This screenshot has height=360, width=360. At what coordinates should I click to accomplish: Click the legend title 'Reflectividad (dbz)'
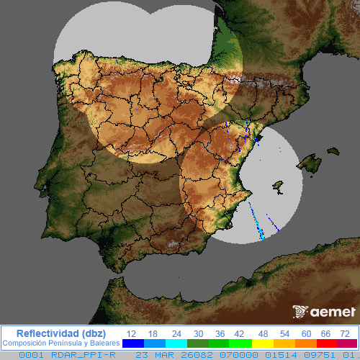(x=60, y=333)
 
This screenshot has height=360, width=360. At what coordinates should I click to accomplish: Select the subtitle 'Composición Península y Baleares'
(x=60, y=343)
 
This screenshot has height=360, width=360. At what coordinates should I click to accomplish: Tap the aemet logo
(x=323, y=312)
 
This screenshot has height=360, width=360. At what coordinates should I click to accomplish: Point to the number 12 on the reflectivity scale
(x=131, y=333)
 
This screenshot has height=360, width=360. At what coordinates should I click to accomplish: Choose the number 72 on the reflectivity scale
(x=345, y=333)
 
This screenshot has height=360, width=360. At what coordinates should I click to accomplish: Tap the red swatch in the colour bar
(x=326, y=344)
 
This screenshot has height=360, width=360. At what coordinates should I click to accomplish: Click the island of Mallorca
(x=309, y=164)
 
